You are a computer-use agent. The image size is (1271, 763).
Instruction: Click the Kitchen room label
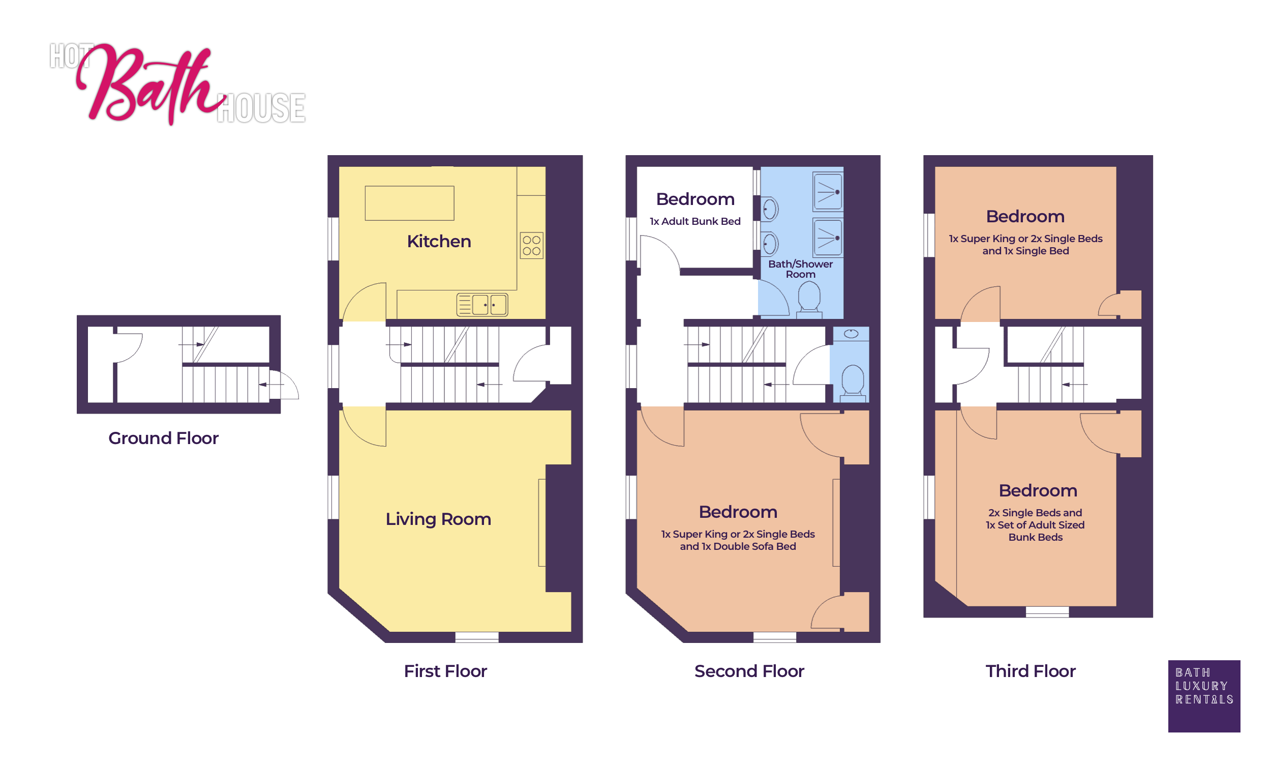tap(439, 241)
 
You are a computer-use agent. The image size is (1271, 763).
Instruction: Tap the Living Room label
tap(438, 519)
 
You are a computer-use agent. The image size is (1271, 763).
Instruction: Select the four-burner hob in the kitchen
tap(531, 246)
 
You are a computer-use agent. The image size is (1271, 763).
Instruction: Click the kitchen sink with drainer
tap(482, 304)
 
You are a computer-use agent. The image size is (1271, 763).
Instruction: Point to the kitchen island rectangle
tap(409, 203)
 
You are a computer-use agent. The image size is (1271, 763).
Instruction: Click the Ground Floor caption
tap(163, 438)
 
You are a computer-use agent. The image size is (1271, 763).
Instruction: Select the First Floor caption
tap(445, 671)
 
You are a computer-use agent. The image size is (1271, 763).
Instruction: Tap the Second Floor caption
tap(749, 671)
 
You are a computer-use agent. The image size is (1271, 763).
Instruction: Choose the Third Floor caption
tap(1030, 671)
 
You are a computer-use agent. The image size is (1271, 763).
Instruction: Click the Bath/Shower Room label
tap(800, 269)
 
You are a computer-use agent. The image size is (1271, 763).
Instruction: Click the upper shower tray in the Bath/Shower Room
tap(827, 192)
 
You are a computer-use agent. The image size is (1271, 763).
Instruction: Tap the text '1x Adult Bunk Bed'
tap(694, 221)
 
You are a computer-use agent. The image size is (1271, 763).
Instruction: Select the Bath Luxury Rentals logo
tap(1204, 696)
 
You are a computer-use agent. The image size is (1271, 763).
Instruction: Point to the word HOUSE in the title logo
tap(261, 108)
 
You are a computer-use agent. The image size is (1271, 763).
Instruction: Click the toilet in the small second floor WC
tap(852, 382)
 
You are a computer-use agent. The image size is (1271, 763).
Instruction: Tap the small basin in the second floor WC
tap(851, 334)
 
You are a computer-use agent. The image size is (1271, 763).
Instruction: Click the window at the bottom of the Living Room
tap(477, 637)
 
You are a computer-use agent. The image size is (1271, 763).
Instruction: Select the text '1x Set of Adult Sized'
tap(1035, 525)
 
